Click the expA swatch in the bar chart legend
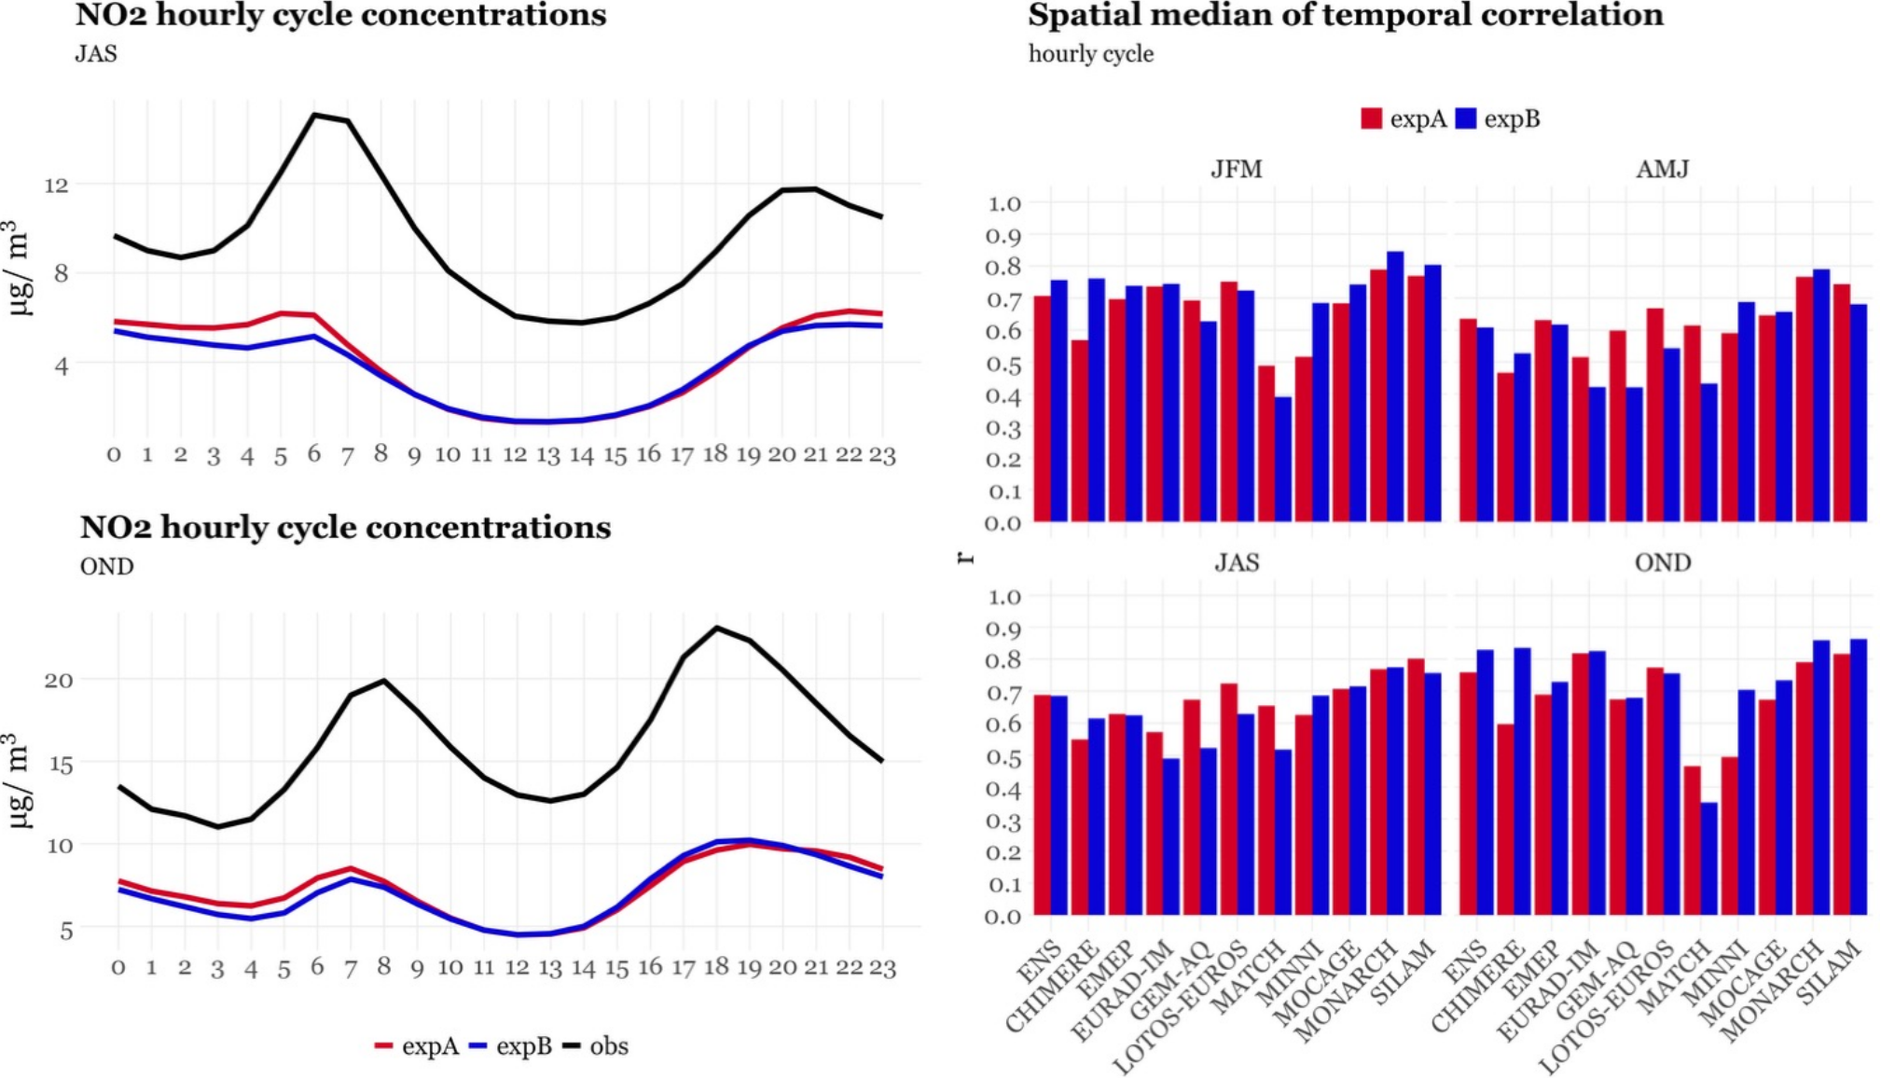click(1371, 118)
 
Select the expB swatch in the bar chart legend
click(1466, 118)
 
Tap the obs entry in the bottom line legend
click(608, 1046)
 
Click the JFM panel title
click(1236, 169)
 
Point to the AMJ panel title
click(1662, 169)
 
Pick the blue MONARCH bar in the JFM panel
click(1395, 386)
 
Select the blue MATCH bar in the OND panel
click(1708, 858)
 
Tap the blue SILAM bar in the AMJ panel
click(1859, 412)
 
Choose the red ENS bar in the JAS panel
click(1042, 804)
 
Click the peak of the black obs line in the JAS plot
click(315, 115)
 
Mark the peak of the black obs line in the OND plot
click(716, 628)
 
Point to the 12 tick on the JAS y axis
click(56, 185)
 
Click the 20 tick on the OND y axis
click(58, 680)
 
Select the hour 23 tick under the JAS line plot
click(882, 455)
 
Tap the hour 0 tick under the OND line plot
click(118, 968)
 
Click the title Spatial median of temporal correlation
click(1345, 15)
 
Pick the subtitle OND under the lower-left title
click(106, 566)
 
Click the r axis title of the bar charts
click(966, 558)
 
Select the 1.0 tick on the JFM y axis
click(1003, 203)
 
